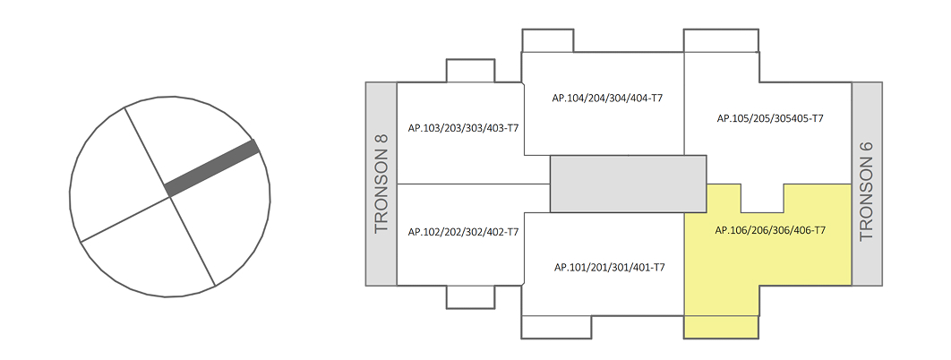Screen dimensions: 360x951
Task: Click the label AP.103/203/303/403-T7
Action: pos(463,129)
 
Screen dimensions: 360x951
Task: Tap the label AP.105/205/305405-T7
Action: pos(770,118)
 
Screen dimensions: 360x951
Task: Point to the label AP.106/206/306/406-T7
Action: pos(770,230)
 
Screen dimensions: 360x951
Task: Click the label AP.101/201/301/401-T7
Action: pos(609,267)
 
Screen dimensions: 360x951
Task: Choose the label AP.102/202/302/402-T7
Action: pos(463,232)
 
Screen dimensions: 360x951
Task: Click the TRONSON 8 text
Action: pos(381,184)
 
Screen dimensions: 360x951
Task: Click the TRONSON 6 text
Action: pos(866,192)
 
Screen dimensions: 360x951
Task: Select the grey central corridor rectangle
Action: pos(628,184)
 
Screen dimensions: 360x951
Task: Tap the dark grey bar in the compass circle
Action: pos(212,167)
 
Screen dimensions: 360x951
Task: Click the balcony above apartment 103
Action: pos(469,72)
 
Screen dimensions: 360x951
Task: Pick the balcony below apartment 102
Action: pos(469,296)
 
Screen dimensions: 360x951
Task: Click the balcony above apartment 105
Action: pos(722,41)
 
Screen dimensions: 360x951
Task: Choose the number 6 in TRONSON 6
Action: pos(866,147)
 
